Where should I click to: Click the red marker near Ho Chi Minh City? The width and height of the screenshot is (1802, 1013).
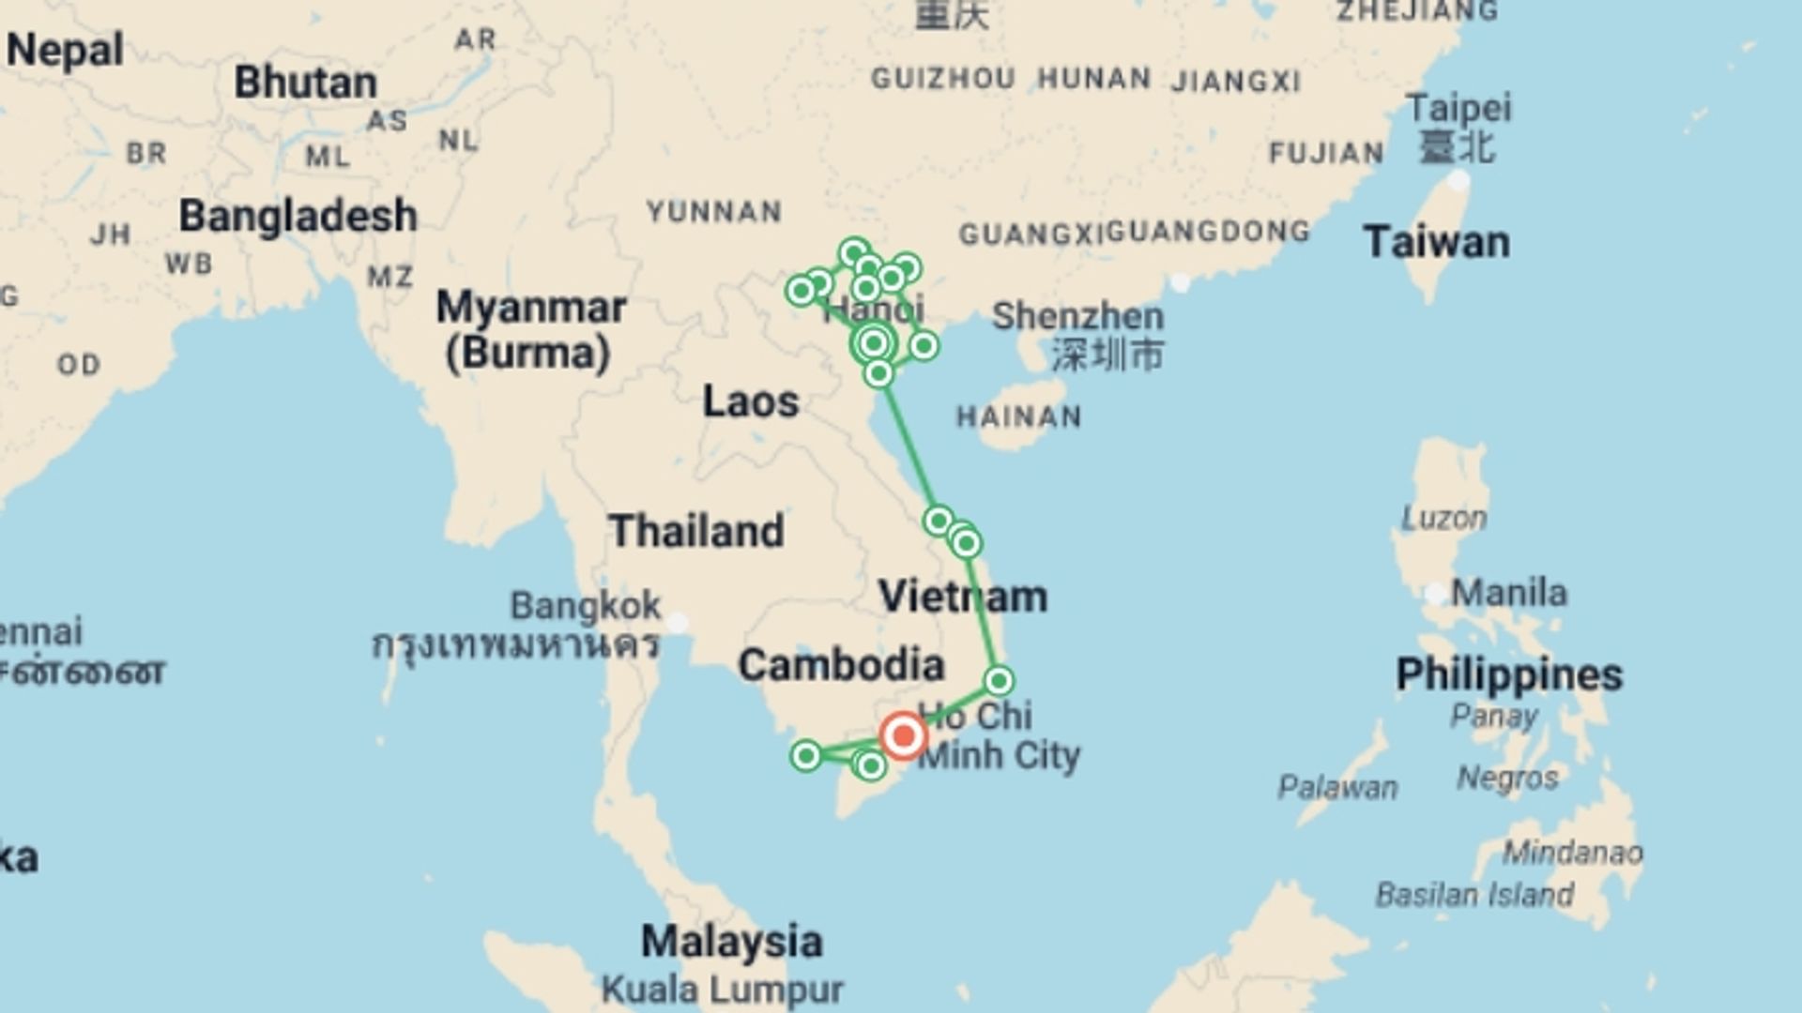pos(903,735)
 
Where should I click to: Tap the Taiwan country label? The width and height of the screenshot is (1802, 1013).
pos(1436,242)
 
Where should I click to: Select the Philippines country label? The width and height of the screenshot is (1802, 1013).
pos(1508,674)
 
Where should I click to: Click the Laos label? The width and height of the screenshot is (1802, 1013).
pos(751,401)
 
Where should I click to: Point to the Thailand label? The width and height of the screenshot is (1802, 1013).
pos(695,531)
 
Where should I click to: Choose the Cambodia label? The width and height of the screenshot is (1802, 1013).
pos(841,665)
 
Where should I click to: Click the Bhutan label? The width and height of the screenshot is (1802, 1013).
pos(305,83)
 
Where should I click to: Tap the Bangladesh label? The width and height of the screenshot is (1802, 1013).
pos(298,216)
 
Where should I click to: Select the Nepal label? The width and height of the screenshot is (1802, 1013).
pos(65,50)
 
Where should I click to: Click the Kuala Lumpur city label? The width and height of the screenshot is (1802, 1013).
pos(722,990)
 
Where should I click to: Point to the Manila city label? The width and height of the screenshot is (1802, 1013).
pos(1508,593)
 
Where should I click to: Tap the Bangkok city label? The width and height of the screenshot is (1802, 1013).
pos(585,606)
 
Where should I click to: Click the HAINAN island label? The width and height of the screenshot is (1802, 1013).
pos(1018,416)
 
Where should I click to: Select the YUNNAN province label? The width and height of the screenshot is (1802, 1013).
pos(714,212)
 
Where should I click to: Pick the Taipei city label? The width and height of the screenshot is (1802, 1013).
pos(1458,109)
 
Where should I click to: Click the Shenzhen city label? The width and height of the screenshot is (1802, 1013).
pos(1077,316)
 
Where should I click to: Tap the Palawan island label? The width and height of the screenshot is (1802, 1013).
pos(1337,787)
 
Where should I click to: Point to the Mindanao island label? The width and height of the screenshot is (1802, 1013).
pos(1572,852)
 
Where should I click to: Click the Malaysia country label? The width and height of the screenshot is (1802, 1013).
pos(731,941)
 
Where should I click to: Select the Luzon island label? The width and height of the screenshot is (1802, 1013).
pos(1443,518)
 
